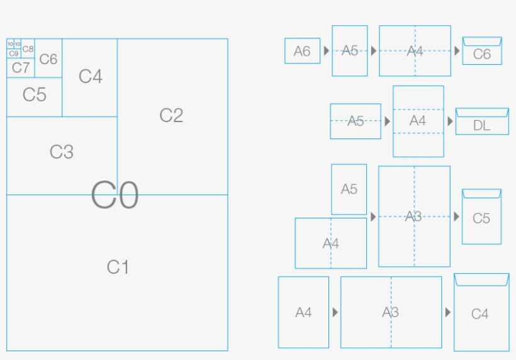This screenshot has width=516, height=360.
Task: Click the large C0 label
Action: point(115,195)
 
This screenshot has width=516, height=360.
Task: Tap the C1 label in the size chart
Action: point(118,267)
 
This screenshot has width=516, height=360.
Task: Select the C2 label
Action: point(171,115)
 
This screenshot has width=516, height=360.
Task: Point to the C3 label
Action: point(62,152)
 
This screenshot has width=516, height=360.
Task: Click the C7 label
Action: point(21,67)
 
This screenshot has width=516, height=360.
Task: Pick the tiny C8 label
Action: point(28,48)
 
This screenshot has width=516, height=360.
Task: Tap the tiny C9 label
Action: point(13,54)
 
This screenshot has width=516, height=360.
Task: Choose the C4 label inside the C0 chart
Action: point(90,77)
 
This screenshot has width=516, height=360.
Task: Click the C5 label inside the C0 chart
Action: point(34,95)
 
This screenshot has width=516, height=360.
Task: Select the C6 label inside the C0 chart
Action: point(48,59)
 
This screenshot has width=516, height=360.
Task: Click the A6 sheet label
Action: point(302,52)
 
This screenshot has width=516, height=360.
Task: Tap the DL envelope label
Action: point(481,126)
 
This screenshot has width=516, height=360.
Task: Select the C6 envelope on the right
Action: point(482,52)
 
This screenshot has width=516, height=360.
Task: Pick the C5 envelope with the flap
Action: point(481,218)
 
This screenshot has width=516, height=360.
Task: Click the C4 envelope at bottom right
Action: point(480,313)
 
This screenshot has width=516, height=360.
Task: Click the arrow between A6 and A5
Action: point(326,50)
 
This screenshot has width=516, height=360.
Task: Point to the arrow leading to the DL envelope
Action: point(450,121)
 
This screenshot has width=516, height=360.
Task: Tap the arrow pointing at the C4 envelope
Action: point(447,312)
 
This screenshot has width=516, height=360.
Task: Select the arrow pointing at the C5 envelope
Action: point(456,217)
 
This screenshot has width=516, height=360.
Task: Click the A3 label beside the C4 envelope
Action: point(390,312)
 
